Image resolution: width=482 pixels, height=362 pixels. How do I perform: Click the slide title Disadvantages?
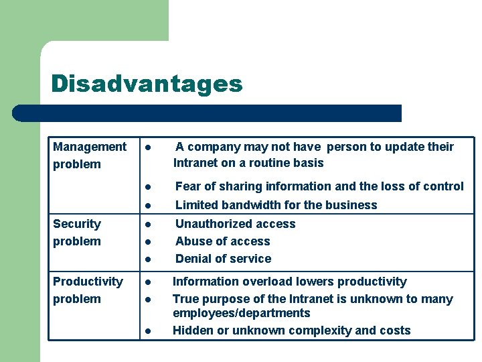pos(146,84)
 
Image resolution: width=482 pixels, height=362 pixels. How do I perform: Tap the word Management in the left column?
pos(90,147)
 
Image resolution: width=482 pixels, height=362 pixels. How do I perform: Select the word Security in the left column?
pos(77,224)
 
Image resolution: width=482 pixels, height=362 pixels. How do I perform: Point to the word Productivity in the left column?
pos(88,282)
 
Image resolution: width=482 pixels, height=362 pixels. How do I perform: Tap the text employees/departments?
pos(242,313)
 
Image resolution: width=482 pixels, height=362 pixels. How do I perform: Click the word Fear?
pos(188,186)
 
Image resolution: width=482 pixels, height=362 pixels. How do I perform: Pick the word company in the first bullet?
pos(215,147)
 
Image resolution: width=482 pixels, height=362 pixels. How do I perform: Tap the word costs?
pos(394,330)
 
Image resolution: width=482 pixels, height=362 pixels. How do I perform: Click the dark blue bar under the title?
pos(208,113)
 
